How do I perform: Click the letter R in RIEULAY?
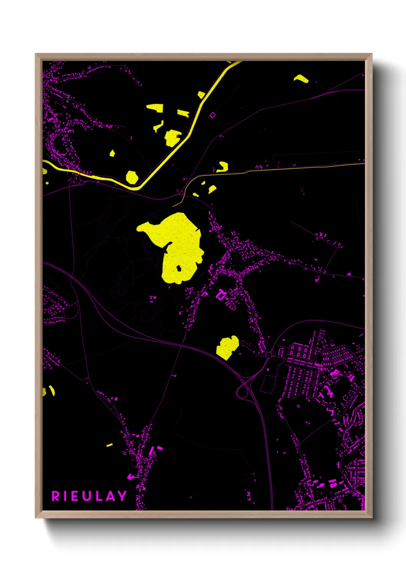56,496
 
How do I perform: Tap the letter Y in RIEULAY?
122,496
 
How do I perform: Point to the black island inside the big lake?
178,268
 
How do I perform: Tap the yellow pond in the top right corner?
301,79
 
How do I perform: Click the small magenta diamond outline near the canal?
213,115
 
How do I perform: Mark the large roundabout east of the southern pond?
268,355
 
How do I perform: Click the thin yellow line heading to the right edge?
307,167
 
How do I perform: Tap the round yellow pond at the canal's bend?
132,177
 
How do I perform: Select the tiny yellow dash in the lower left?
109,445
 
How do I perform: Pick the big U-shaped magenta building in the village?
220,295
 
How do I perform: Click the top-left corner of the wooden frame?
36,54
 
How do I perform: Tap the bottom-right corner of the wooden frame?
371,517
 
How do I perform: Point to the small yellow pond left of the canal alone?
112,154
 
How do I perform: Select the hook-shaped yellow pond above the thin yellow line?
222,167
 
